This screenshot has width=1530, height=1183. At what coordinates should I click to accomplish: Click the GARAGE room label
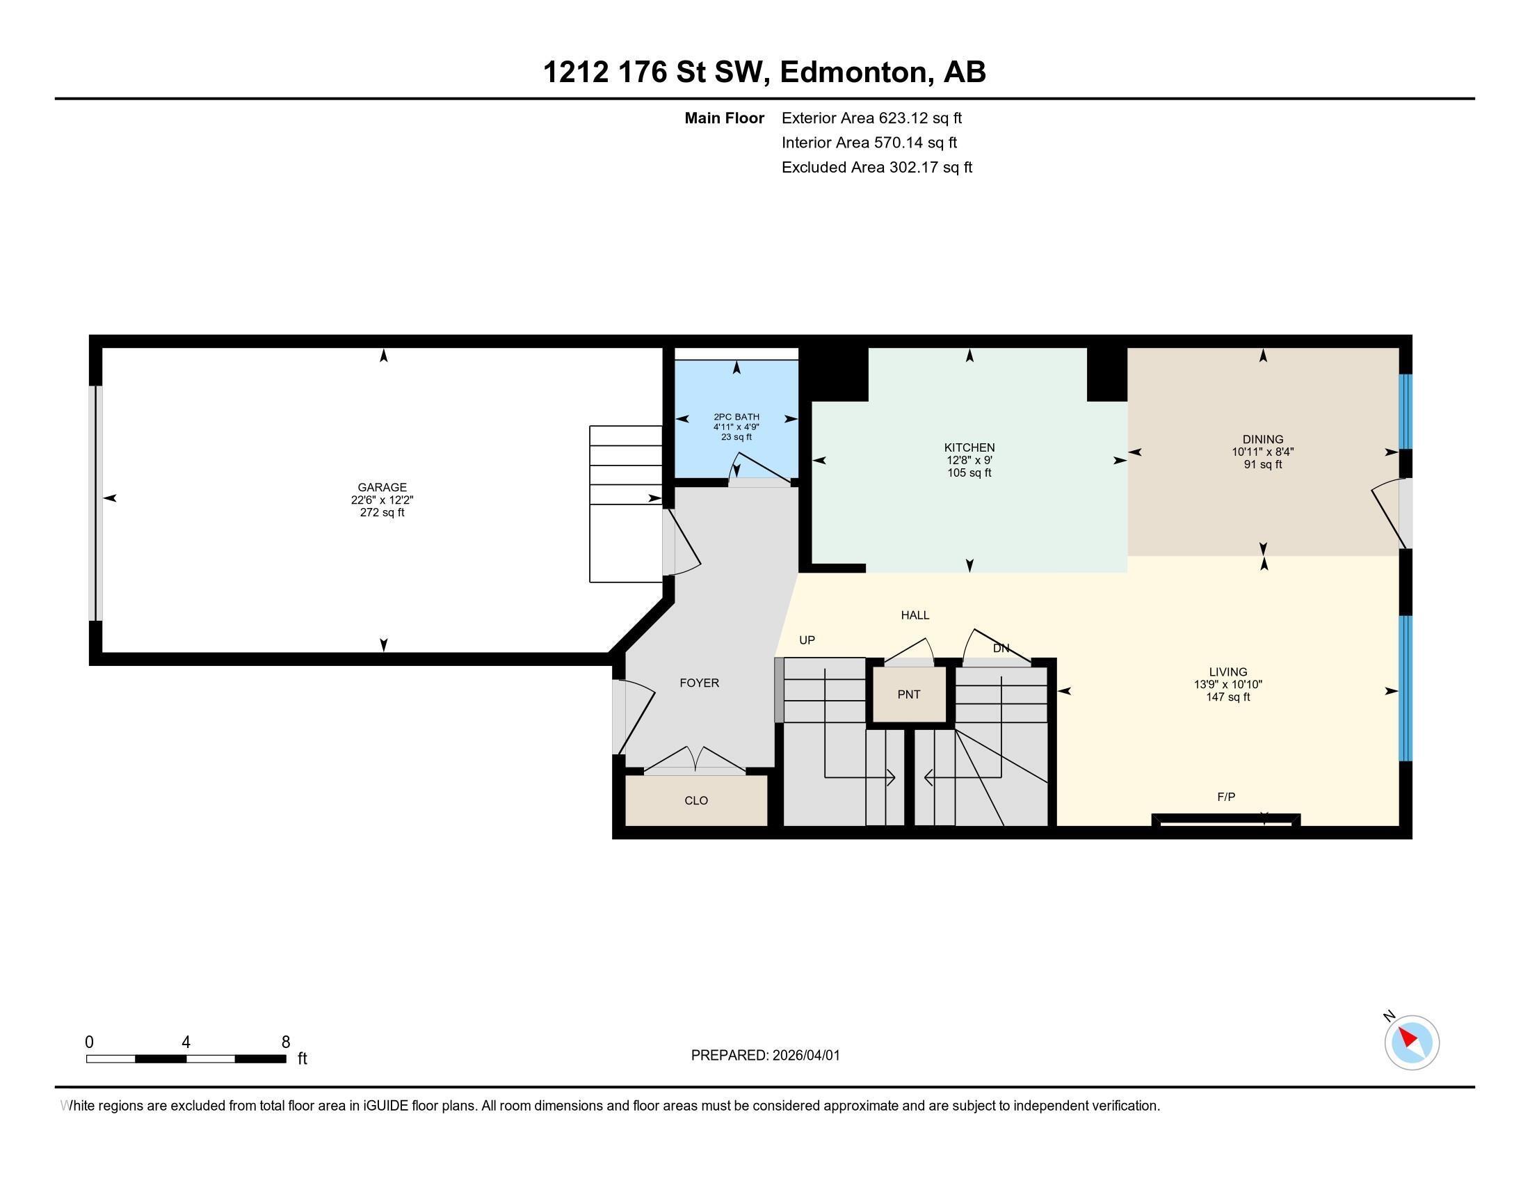[382, 487]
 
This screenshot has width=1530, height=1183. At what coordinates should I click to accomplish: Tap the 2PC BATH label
[736, 417]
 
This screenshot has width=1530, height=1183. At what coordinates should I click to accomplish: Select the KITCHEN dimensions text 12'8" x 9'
[969, 461]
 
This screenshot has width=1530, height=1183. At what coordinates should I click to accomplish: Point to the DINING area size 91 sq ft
[1262, 464]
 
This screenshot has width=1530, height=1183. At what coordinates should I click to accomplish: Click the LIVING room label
[1227, 672]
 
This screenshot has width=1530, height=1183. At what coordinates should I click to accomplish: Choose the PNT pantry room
[909, 694]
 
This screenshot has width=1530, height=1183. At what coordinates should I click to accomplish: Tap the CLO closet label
[695, 800]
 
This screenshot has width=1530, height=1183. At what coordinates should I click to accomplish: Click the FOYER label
[699, 683]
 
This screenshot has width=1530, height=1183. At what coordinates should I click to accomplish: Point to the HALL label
[915, 614]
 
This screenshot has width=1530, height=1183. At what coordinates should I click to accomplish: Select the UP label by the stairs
[807, 640]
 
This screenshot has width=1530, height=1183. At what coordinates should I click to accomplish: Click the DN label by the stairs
[1000, 649]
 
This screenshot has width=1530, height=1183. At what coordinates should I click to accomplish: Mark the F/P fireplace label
[1226, 796]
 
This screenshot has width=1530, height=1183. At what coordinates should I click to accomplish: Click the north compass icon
[1411, 1042]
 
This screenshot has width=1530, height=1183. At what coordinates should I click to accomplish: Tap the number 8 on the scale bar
[285, 1042]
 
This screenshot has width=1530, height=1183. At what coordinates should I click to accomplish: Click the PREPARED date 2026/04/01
[805, 1056]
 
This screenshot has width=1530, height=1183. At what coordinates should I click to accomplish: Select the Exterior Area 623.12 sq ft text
[871, 118]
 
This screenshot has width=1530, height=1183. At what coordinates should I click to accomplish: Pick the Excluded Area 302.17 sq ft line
[876, 167]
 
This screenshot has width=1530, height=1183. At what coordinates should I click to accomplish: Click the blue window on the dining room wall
[1405, 411]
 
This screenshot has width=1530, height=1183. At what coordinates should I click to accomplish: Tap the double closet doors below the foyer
[694, 761]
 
